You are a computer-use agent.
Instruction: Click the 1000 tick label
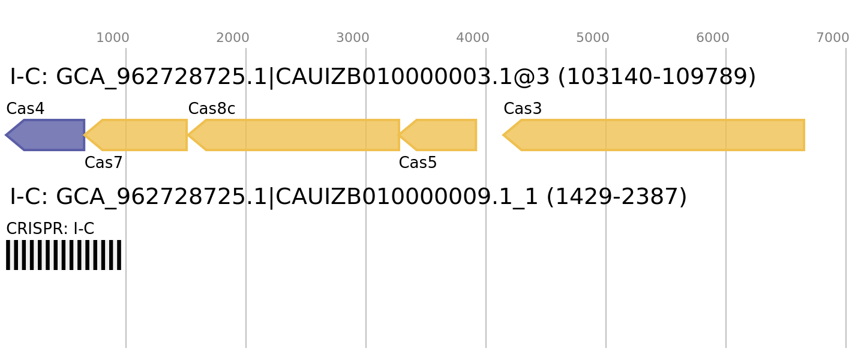coord(113,38)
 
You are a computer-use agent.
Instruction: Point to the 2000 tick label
coord(233,38)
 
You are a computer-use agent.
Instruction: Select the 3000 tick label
coord(353,38)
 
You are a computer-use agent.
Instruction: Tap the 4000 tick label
coord(473,38)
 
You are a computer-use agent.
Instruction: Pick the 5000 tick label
coord(593,38)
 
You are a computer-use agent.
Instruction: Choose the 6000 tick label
coord(713,38)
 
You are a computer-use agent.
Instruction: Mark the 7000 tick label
coord(833,38)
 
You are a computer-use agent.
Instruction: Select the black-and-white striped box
coord(64,255)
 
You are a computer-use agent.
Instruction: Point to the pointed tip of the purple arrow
coord(6,135)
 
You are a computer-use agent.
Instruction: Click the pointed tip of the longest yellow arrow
coord(503,135)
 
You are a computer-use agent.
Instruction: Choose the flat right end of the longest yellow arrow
coord(803,135)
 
